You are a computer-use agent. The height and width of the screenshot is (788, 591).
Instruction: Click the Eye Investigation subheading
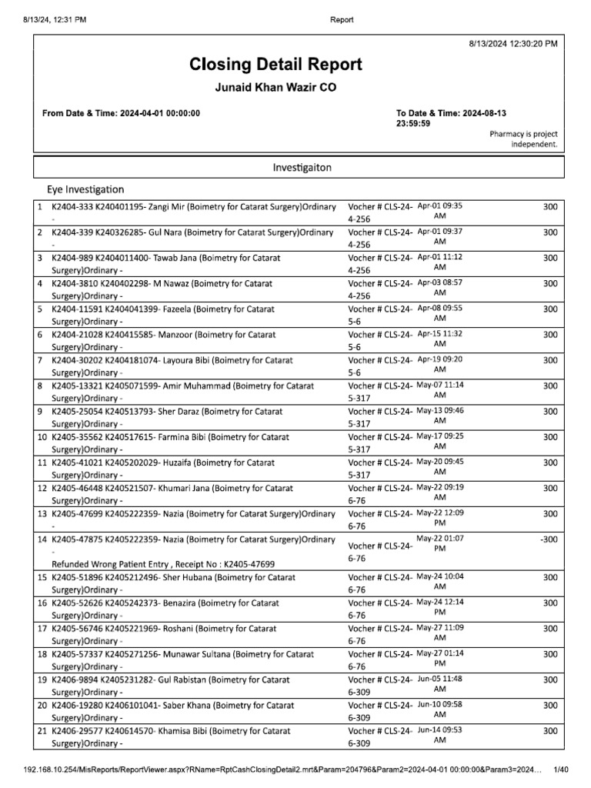(x=87, y=189)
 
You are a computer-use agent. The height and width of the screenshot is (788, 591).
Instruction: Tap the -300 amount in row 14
(x=549, y=539)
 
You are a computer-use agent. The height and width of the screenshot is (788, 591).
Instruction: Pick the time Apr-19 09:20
(x=440, y=359)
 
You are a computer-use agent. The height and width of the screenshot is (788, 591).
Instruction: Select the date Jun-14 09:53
(x=440, y=730)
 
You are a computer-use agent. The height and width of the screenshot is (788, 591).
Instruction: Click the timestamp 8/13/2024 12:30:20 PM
(x=513, y=44)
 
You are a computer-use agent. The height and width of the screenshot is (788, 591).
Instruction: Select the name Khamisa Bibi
(x=185, y=730)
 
